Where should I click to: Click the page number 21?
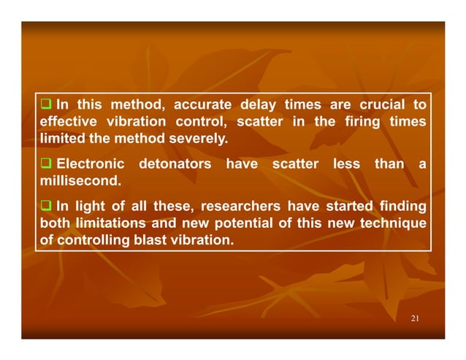click(415, 319)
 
